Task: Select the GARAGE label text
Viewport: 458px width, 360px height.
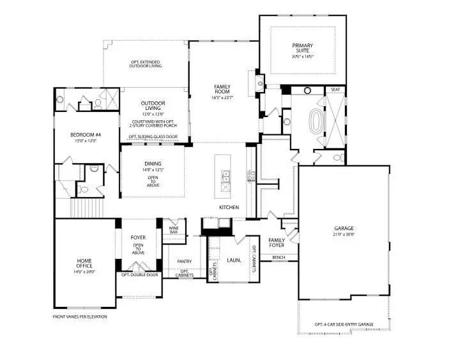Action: coord(344,228)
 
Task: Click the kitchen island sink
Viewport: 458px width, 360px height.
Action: coord(225,177)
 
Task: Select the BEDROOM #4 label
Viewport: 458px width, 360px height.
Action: coord(86,134)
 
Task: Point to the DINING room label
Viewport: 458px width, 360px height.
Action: coord(153,164)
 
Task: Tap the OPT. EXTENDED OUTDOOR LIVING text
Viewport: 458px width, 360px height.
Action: coord(146,63)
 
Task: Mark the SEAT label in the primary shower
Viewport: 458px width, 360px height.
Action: coord(334,90)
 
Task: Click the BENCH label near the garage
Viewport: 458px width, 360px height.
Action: coord(279,258)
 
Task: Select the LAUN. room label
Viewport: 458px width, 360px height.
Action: coord(234,260)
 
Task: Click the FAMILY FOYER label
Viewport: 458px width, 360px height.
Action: coord(277,242)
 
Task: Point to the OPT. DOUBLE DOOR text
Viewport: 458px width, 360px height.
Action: coord(139,275)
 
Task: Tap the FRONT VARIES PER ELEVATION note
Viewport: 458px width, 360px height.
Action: coord(80,317)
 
